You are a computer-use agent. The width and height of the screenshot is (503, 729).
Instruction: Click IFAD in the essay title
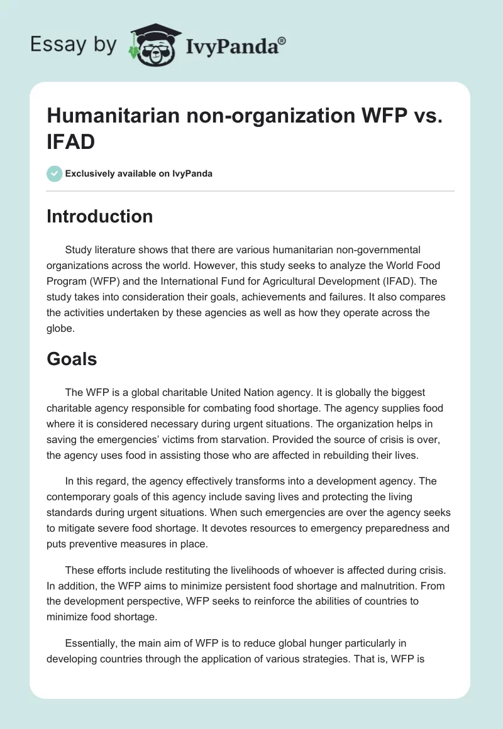(x=71, y=141)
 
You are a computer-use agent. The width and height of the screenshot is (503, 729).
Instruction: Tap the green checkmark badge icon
(x=55, y=173)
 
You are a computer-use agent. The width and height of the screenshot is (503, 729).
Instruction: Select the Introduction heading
(x=100, y=216)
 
